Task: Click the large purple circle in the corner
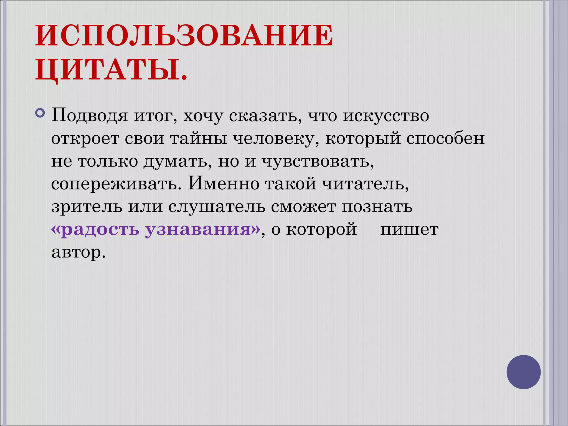click(x=523, y=372)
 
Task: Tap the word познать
click(x=377, y=206)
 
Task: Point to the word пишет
click(x=409, y=230)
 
